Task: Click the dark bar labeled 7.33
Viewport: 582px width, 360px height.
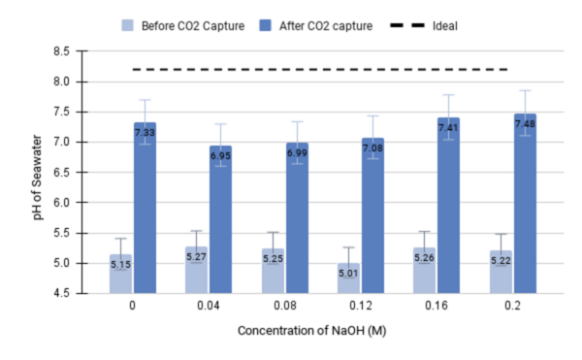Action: pyautogui.click(x=145, y=208)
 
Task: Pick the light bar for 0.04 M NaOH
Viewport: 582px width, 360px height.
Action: pyautogui.click(x=196, y=270)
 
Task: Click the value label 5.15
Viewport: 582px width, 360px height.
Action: pyautogui.click(x=120, y=264)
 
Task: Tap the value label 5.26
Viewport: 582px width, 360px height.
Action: pyautogui.click(x=425, y=257)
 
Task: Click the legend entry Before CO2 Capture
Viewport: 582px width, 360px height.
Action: pyautogui.click(x=186, y=25)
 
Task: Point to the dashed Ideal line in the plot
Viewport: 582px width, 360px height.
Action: pyautogui.click(x=320, y=69)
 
